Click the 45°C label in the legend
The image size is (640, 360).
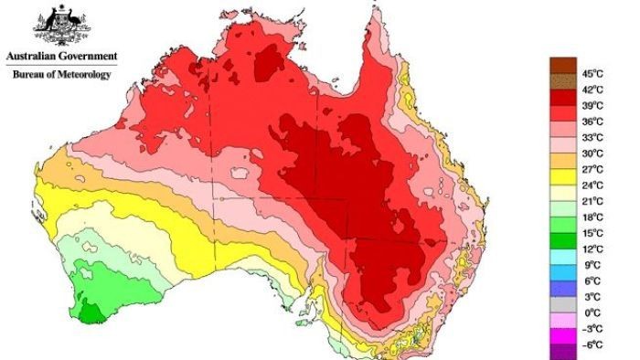tap(593, 74)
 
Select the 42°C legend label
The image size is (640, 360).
tap(593, 90)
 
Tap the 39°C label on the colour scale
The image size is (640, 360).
tap(593, 106)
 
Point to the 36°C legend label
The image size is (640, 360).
tap(593, 122)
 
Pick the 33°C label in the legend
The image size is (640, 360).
tap(593, 137)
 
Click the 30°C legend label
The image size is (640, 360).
tap(593, 154)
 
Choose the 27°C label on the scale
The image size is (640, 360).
tap(593, 169)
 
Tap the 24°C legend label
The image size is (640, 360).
tap(593, 185)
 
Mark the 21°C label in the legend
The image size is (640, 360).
tap(593, 201)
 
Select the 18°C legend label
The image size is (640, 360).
tap(593, 217)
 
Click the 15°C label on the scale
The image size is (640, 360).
tap(593, 233)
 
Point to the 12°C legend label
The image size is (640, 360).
tap(593, 249)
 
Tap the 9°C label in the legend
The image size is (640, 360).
tap(592, 265)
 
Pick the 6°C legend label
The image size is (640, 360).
tap(592, 281)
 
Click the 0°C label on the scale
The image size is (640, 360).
tap(592, 313)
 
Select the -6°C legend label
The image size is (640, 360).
tap(592, 344)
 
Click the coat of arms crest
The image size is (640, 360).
tap(59, 25)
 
